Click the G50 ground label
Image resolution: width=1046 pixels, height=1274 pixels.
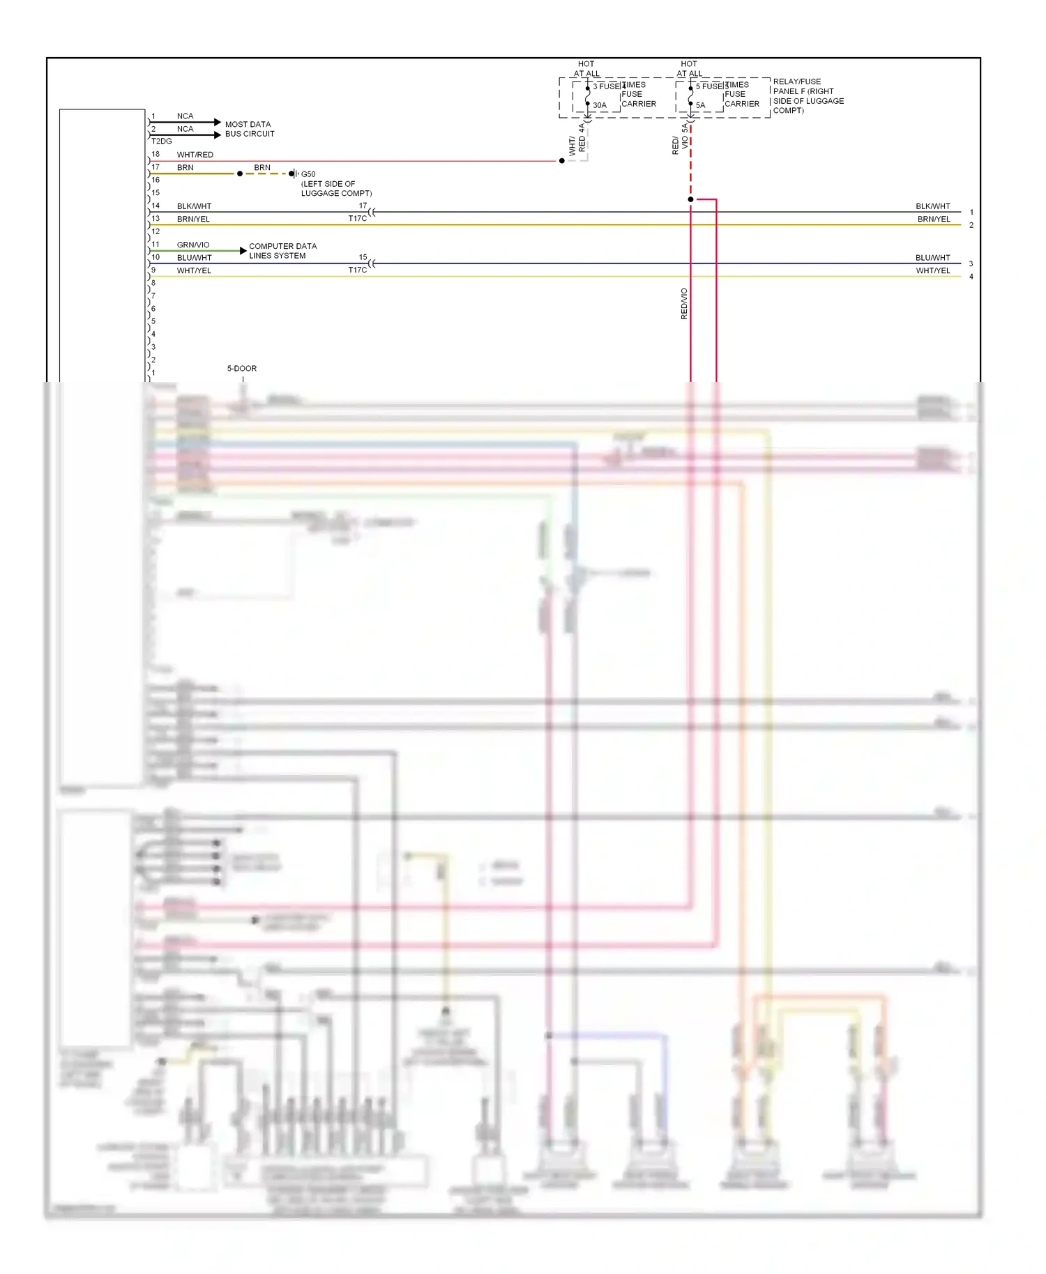(308, 174)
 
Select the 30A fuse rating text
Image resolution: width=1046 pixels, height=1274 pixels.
(600, 106)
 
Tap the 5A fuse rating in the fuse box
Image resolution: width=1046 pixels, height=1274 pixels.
(701, 106)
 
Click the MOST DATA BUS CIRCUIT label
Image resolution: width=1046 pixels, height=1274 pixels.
(249, 129)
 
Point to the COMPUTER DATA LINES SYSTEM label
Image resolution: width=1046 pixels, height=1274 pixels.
(282, 251)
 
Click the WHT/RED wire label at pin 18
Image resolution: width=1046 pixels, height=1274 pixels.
(195, 155)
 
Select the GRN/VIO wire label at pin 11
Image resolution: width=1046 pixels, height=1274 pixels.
(193, 245)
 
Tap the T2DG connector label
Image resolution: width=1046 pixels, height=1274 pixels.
(161, 141)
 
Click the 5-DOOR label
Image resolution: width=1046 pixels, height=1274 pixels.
(242, 369)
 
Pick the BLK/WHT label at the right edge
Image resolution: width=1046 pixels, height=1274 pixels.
(932, 206)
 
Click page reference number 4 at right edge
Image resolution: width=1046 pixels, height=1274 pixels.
(971, 277)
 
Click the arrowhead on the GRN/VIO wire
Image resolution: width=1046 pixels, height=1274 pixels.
(243, 250)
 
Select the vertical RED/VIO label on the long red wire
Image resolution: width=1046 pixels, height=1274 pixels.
(684, 304)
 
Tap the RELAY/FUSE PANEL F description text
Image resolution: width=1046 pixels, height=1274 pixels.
(808, 96)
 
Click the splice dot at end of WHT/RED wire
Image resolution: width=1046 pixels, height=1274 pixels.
(562, 161)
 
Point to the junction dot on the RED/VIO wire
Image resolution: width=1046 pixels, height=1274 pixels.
(690, 199)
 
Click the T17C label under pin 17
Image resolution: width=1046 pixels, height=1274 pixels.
(358, 219)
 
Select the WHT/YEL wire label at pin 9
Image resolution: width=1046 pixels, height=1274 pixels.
(194, 270)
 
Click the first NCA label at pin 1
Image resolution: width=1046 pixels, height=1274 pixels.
(185, 116)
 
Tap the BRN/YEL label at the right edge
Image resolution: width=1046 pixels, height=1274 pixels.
(934, 220)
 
